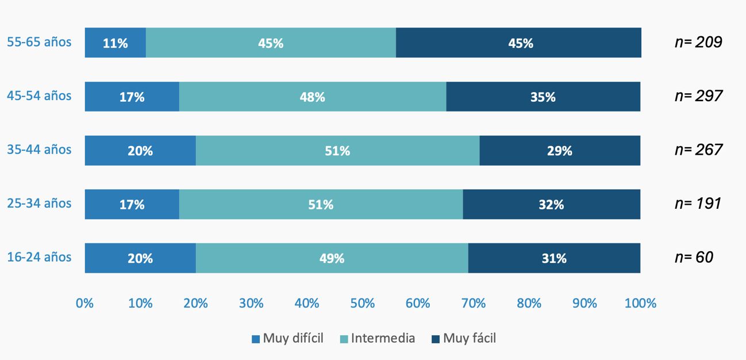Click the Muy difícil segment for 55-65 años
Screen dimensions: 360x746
115,43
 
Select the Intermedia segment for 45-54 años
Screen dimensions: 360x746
313,97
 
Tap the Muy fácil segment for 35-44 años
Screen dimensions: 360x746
560,151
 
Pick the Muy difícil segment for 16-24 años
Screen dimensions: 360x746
140,258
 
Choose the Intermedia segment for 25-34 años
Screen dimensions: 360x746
321,204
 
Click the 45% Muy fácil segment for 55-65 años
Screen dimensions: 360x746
518,43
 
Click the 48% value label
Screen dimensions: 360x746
312,97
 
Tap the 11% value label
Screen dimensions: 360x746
115,43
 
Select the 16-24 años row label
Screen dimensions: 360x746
40,257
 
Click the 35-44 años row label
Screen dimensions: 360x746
40,150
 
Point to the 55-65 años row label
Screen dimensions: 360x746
40,42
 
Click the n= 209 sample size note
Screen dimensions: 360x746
698,42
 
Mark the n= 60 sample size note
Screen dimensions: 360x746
694,257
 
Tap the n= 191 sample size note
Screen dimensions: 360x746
698,204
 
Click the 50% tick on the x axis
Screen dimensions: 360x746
362,303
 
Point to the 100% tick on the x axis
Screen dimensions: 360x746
640,303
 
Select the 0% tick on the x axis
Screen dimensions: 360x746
85,303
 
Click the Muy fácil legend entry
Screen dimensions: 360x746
463,338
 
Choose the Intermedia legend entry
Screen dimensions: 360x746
377,338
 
